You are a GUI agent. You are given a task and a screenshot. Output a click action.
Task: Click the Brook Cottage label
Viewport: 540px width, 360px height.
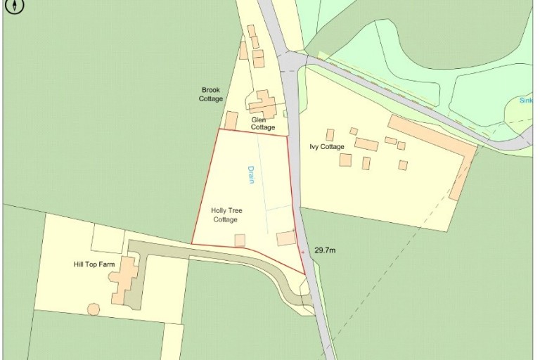point(211,94)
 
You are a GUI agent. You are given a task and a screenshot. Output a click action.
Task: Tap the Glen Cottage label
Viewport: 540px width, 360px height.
point(263,123)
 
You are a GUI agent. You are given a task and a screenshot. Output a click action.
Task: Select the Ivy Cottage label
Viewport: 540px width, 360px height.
point(327,147)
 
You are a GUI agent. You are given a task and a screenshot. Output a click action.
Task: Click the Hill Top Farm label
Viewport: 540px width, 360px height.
point(94,264)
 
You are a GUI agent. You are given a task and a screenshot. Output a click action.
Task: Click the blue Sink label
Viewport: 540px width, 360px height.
point(527,101)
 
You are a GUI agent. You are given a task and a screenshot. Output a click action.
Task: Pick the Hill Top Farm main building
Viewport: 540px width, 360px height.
point(125,278)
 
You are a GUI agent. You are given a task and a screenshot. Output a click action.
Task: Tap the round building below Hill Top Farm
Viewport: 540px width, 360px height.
point(93,309)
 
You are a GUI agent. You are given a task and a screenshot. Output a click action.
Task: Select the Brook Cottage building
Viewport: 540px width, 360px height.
point(231,120)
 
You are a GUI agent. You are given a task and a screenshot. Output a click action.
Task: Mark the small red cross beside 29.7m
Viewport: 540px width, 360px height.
point(302,250)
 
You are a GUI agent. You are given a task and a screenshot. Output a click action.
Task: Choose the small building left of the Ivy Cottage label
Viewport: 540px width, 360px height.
point(330,134)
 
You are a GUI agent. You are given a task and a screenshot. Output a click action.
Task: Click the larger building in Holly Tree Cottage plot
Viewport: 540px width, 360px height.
point(286,238)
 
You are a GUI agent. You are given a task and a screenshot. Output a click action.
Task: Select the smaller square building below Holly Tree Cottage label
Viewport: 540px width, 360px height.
point(240,240)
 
